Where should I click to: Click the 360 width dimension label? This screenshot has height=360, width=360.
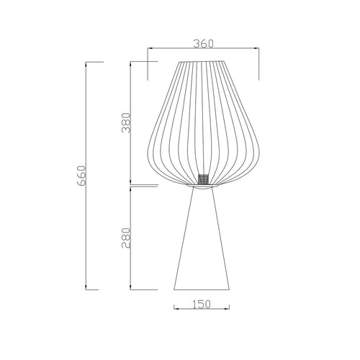(x=203, y=44)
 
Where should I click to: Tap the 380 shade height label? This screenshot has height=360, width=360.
(x=126, y=122)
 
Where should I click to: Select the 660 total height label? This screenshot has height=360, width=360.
(x=81, y=176)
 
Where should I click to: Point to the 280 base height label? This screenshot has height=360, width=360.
(x=126, y=238)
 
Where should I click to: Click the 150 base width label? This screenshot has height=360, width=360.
(x=202, y=305)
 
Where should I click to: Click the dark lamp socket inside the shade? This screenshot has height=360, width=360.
(x=203, y=179)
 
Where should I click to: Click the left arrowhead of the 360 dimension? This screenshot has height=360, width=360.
(x=150, y=48)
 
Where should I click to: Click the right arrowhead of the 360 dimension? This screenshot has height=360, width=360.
(x=256, y=48)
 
